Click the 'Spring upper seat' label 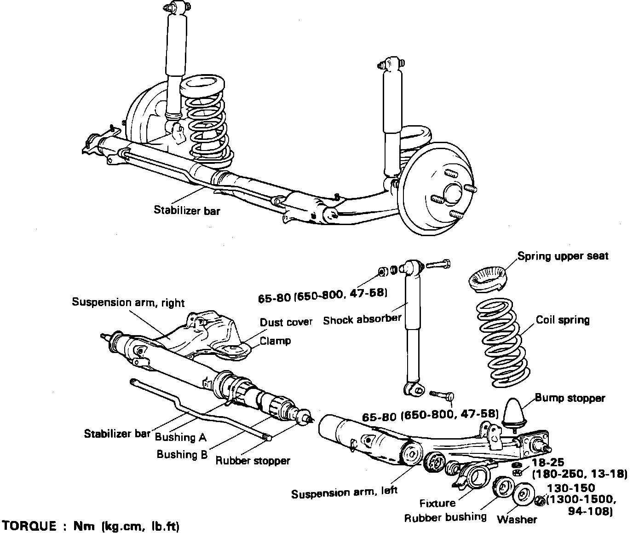click(x=563, y=256)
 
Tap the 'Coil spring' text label click(x=563, y=320)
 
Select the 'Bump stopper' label click(x=570, y=398)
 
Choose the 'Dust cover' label click(x=286, y=322)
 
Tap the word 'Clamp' click(x=275, y=341)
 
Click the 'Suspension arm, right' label click(x=128, y=302)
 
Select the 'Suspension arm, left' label click(x=344, y=492)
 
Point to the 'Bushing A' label click(x=181, y=437)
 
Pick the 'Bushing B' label click(x=182, y=454)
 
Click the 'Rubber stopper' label click(x=253, y=460)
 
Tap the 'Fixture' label click(x=437, y=503)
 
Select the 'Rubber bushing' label click(x=445, y=517)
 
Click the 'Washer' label click(x=517, y=519)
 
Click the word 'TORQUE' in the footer click(x=29, y=526)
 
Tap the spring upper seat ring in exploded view click(x=488, y=279)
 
